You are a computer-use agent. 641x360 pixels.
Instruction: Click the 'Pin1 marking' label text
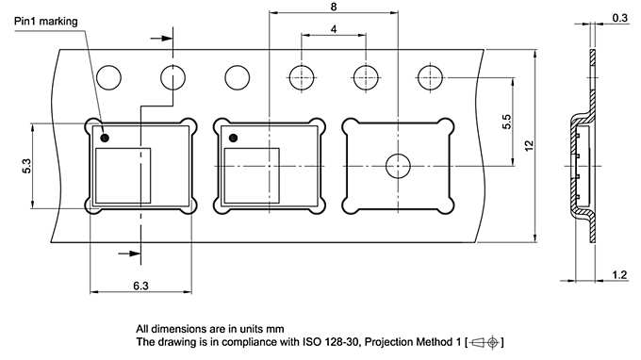[x=46, y=22]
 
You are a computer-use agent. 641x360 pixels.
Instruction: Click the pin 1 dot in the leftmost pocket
[x=105, y=139]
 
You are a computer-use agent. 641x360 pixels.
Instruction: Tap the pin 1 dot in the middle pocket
[x=234, y=139]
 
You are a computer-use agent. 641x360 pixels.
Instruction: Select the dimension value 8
[x=334, y=7]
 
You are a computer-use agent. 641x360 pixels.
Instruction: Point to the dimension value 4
[x=334, y=29]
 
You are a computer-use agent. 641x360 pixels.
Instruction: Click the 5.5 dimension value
[x=506, y=122]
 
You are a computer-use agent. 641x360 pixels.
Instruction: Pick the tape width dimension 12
[x=529, y=146]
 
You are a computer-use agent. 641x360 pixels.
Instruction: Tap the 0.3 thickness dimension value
[x=619, y=18]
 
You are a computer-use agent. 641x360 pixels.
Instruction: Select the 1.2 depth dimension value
[x=619, y=275]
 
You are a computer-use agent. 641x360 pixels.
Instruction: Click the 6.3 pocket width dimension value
[x=140, y=286]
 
